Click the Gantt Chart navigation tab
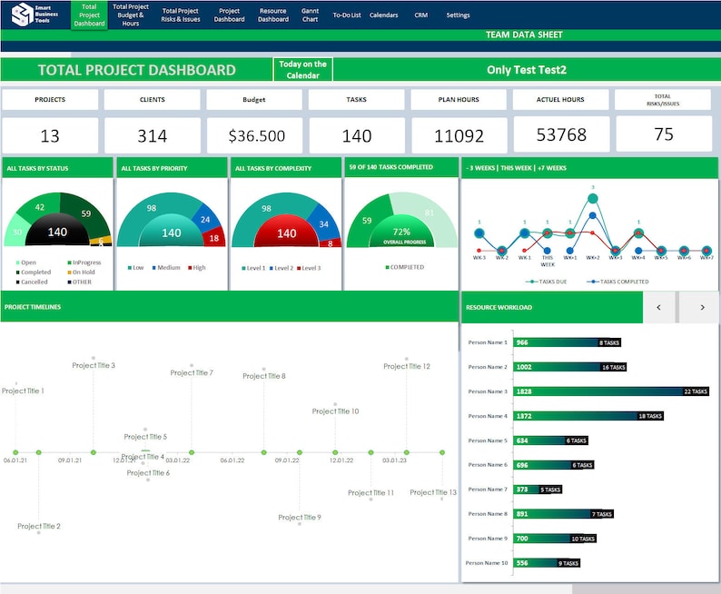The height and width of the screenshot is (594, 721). coord(310,15)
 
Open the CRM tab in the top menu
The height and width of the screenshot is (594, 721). coord(420,15)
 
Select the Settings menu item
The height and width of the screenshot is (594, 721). coord(458,15)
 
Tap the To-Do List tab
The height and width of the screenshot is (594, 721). coord(346,15)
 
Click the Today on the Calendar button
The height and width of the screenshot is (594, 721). coord(302,70)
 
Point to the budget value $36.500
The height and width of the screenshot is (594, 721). coord(256,136)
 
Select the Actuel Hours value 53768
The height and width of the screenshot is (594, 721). coord(560,136)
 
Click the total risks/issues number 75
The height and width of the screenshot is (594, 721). coord(663,134)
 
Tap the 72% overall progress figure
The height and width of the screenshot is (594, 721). coord(400,232)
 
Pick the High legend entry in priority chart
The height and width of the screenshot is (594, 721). coord(197,268)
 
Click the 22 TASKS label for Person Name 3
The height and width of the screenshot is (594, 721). coord(695,391)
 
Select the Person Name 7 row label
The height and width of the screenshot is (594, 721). coord(488,490)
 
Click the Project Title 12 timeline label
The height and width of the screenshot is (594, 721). coord(406,367)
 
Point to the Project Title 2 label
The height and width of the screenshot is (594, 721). coord(38,526)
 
